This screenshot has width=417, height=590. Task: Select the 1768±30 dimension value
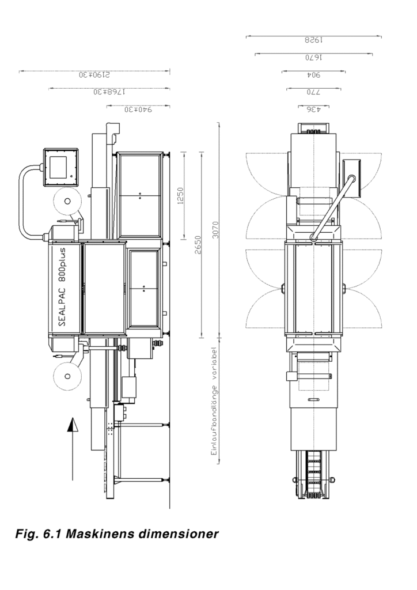coord(109,92)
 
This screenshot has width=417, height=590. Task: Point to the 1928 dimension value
coord(314,41)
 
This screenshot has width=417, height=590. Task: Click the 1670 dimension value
coord(314,58)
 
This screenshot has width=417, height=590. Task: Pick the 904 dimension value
coord(314,75)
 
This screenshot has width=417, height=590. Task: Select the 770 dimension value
coord(314,92)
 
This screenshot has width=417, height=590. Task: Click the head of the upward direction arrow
coord(72,426)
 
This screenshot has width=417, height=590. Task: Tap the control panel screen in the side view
coord(59,167)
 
